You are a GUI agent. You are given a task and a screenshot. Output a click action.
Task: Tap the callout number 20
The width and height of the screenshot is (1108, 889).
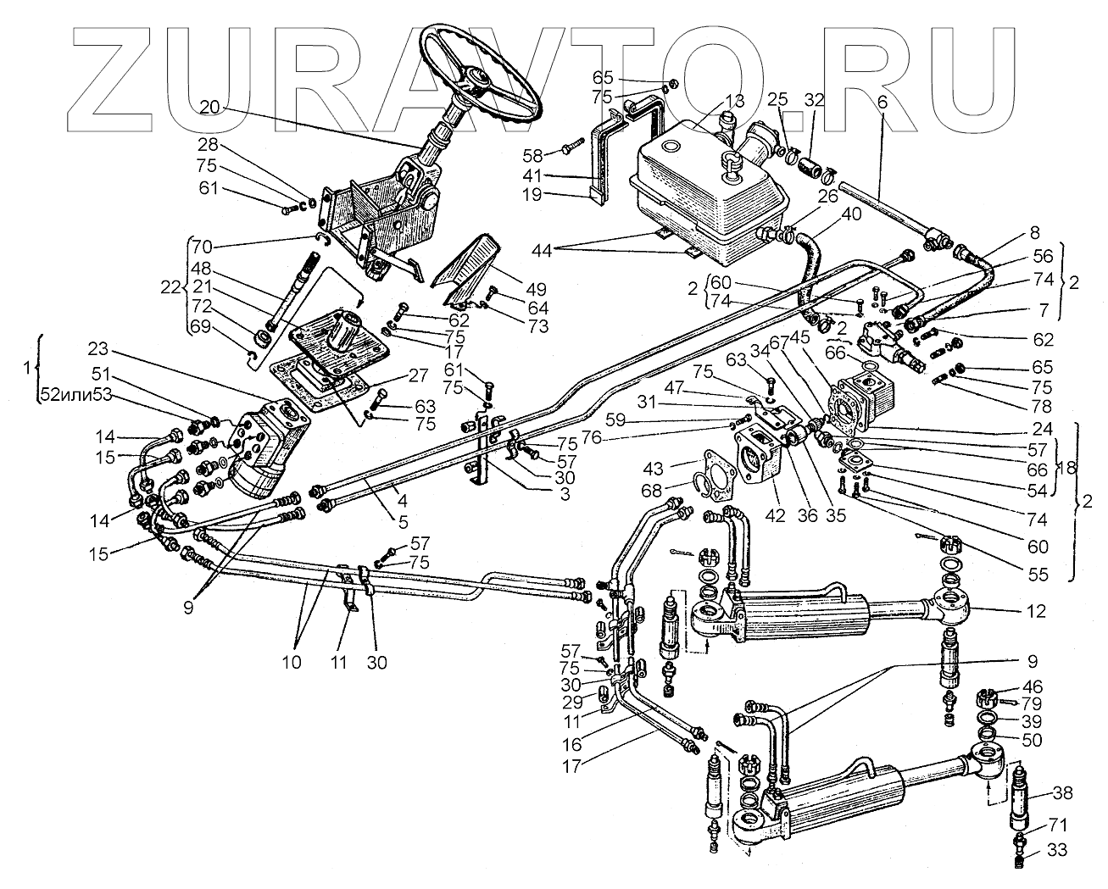[209, 107]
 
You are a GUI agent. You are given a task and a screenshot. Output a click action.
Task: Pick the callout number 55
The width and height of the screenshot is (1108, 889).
[1038, 575]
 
